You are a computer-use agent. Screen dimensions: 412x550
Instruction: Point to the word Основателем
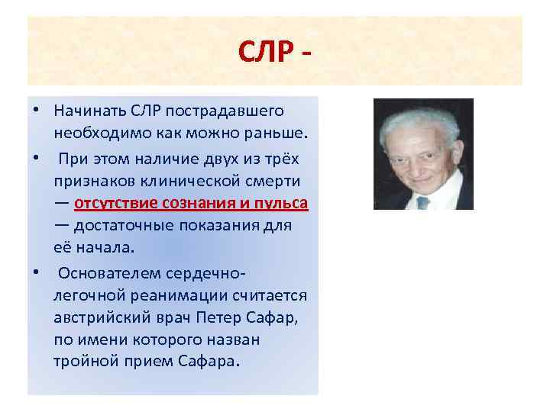pos(104,272)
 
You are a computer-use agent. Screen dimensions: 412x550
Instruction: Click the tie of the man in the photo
pos(422,202)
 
